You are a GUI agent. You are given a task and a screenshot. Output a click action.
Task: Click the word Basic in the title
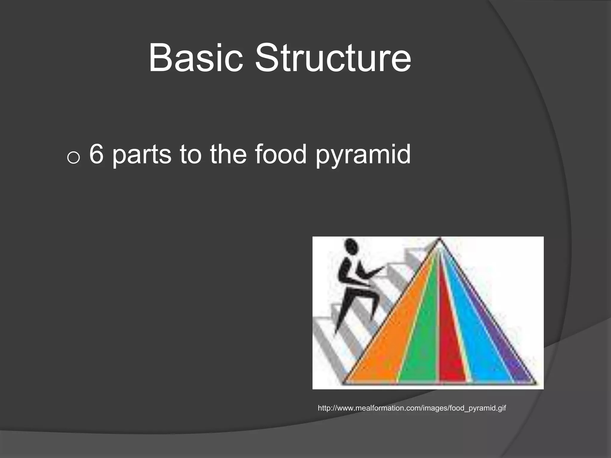[195, 58]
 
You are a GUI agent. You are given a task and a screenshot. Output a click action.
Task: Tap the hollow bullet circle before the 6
[73, 157]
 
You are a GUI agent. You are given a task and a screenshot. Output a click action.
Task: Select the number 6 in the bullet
[96, 154]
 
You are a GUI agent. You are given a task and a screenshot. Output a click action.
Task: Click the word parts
[142, 155]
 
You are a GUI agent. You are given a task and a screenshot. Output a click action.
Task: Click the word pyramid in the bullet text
[363, 155]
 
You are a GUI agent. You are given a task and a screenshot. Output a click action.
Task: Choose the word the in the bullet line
[228, 154]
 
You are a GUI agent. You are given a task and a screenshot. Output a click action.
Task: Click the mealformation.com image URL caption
[412, 408]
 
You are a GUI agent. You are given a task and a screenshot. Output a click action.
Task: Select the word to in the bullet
[190, 155]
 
